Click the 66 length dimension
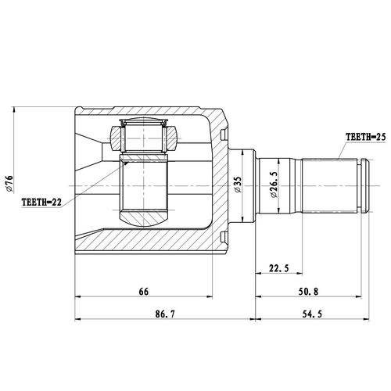(x=143, y=291)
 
